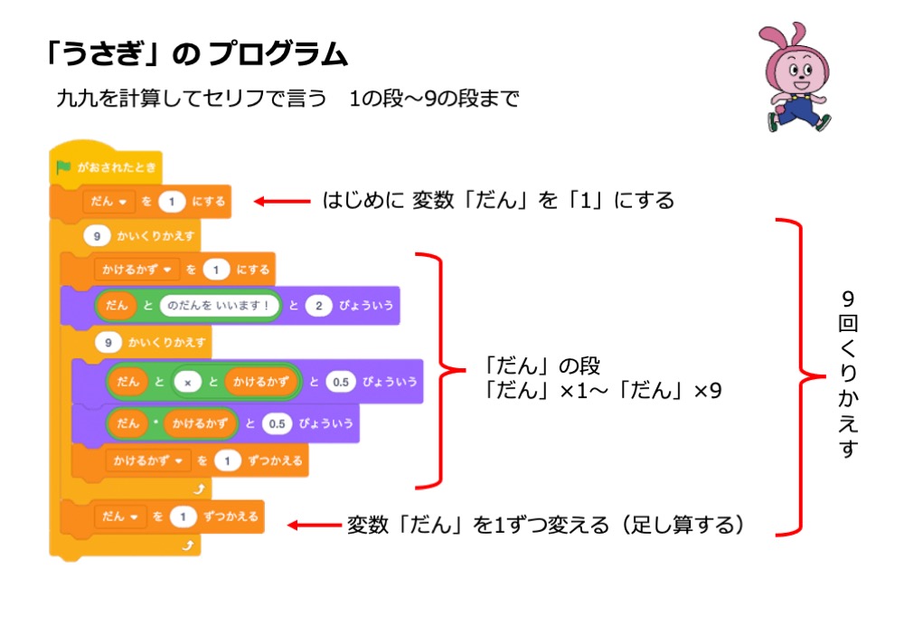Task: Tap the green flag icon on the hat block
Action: pos(63,167)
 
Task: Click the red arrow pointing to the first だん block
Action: pos(280,201)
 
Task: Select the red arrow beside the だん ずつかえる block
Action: pos(312,524)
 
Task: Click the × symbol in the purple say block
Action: pos(187,383)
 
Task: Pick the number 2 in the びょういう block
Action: pos(318,307)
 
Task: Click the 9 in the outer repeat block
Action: pos(96,236)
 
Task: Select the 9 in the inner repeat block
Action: pos(108,344)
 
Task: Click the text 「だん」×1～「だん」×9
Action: pos(602,392)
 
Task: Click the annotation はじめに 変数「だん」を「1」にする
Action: pos(498,201)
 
